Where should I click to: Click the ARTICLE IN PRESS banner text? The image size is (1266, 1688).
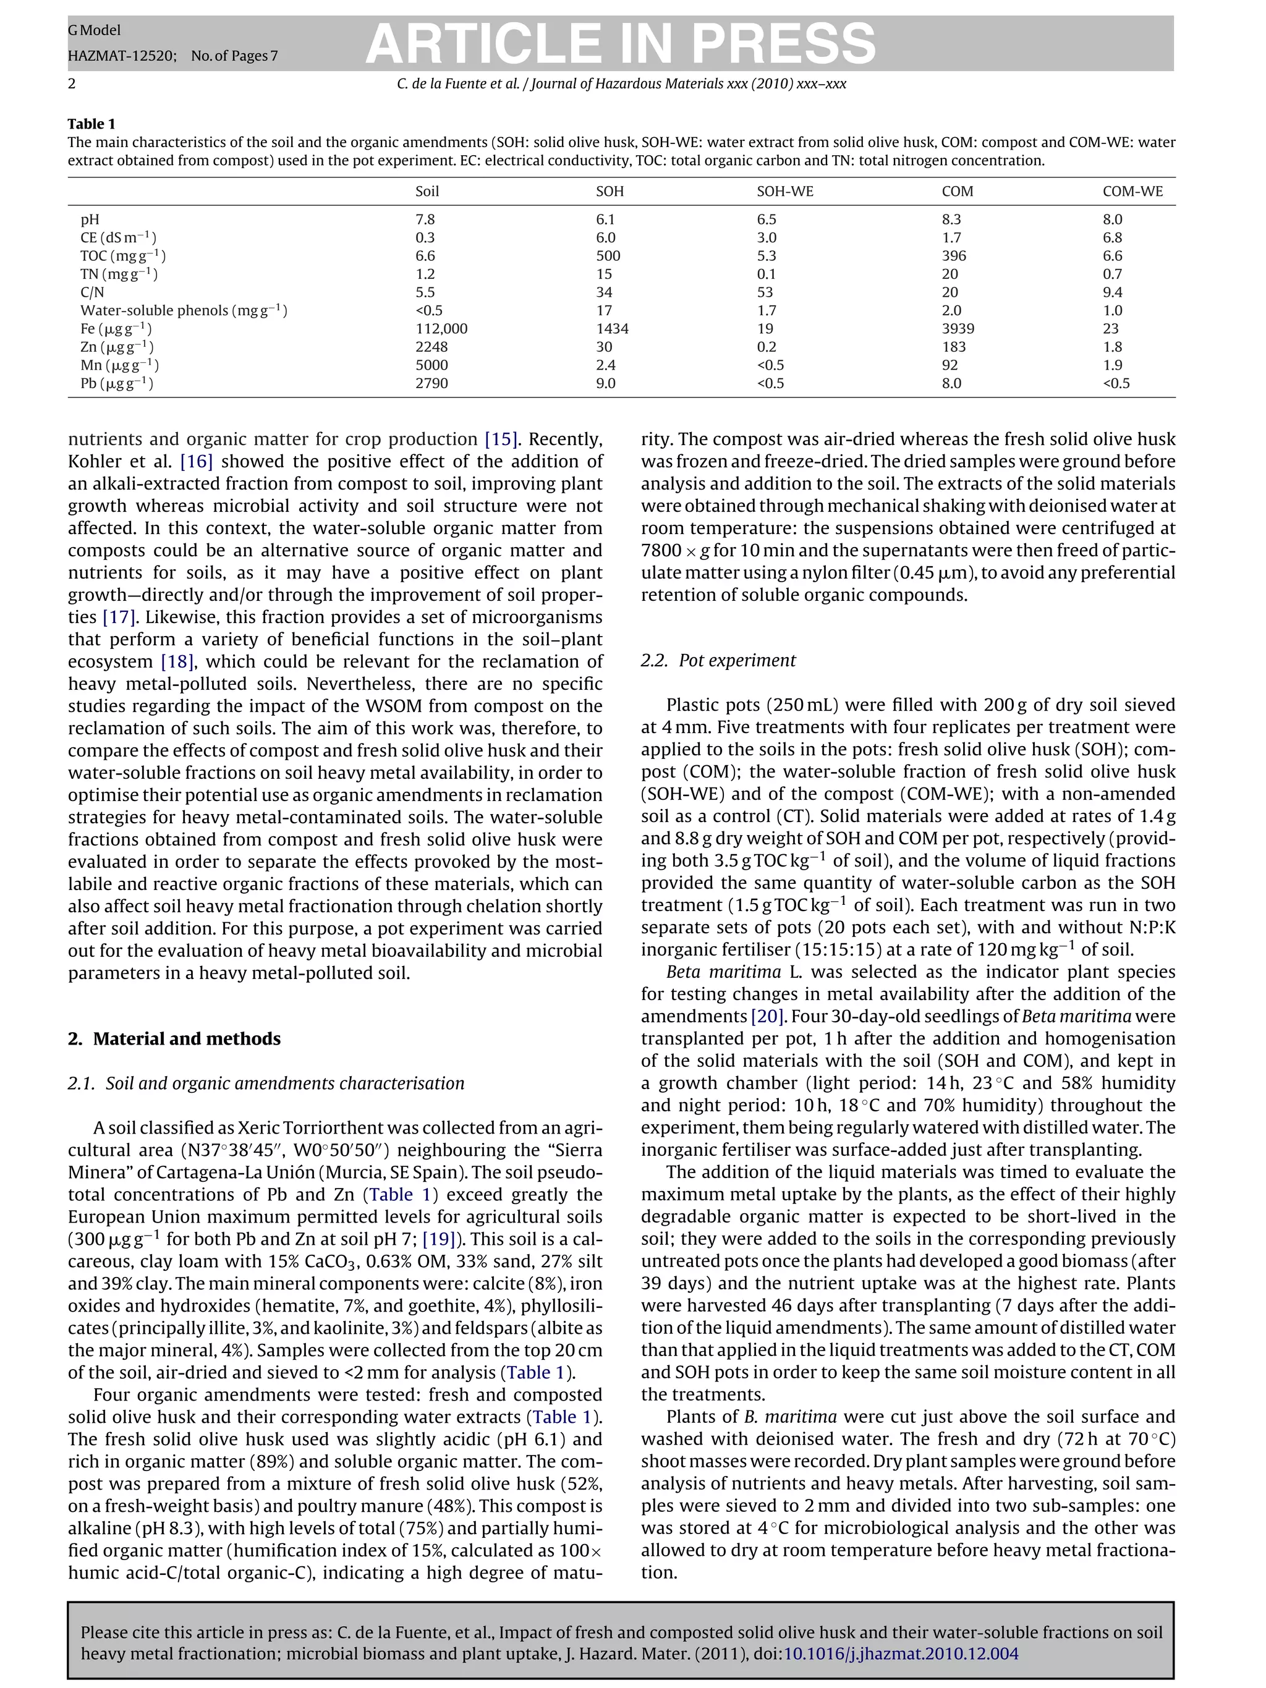click(x=621, y=43)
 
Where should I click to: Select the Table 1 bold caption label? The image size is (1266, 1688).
click(x=91, y=124)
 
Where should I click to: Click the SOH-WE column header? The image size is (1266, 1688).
click(x=784, y=192)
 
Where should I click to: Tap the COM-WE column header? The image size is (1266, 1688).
click(x=1132, y=192)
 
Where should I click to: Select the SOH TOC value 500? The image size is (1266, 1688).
click(x=608, y=257)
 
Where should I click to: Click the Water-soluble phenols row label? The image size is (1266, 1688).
click(x=183, y=310)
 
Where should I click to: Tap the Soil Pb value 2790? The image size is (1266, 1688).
click(x=431, y=383)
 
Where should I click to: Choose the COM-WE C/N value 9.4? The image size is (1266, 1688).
click(x=1112, y=292)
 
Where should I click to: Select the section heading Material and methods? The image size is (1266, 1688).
click(x=186, y=1038)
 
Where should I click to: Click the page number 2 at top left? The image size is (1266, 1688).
click(x=72, y=84)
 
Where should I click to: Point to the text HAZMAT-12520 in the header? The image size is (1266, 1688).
click(x=113, y=56)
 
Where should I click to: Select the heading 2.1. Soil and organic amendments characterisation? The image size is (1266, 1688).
click(x=266, y=1084)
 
